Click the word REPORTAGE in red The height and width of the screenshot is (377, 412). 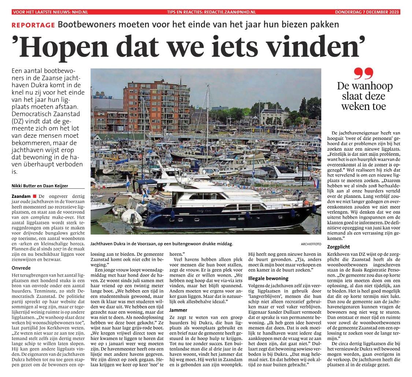click(x=33, y=25)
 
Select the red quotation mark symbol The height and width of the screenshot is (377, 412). click(x=363, y=74)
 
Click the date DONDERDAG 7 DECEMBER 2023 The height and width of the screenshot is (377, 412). click(x=367, y=12)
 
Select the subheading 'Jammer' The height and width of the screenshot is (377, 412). click(x=178, y=310)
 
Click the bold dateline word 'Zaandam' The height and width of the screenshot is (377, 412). click(x=21, y=196)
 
